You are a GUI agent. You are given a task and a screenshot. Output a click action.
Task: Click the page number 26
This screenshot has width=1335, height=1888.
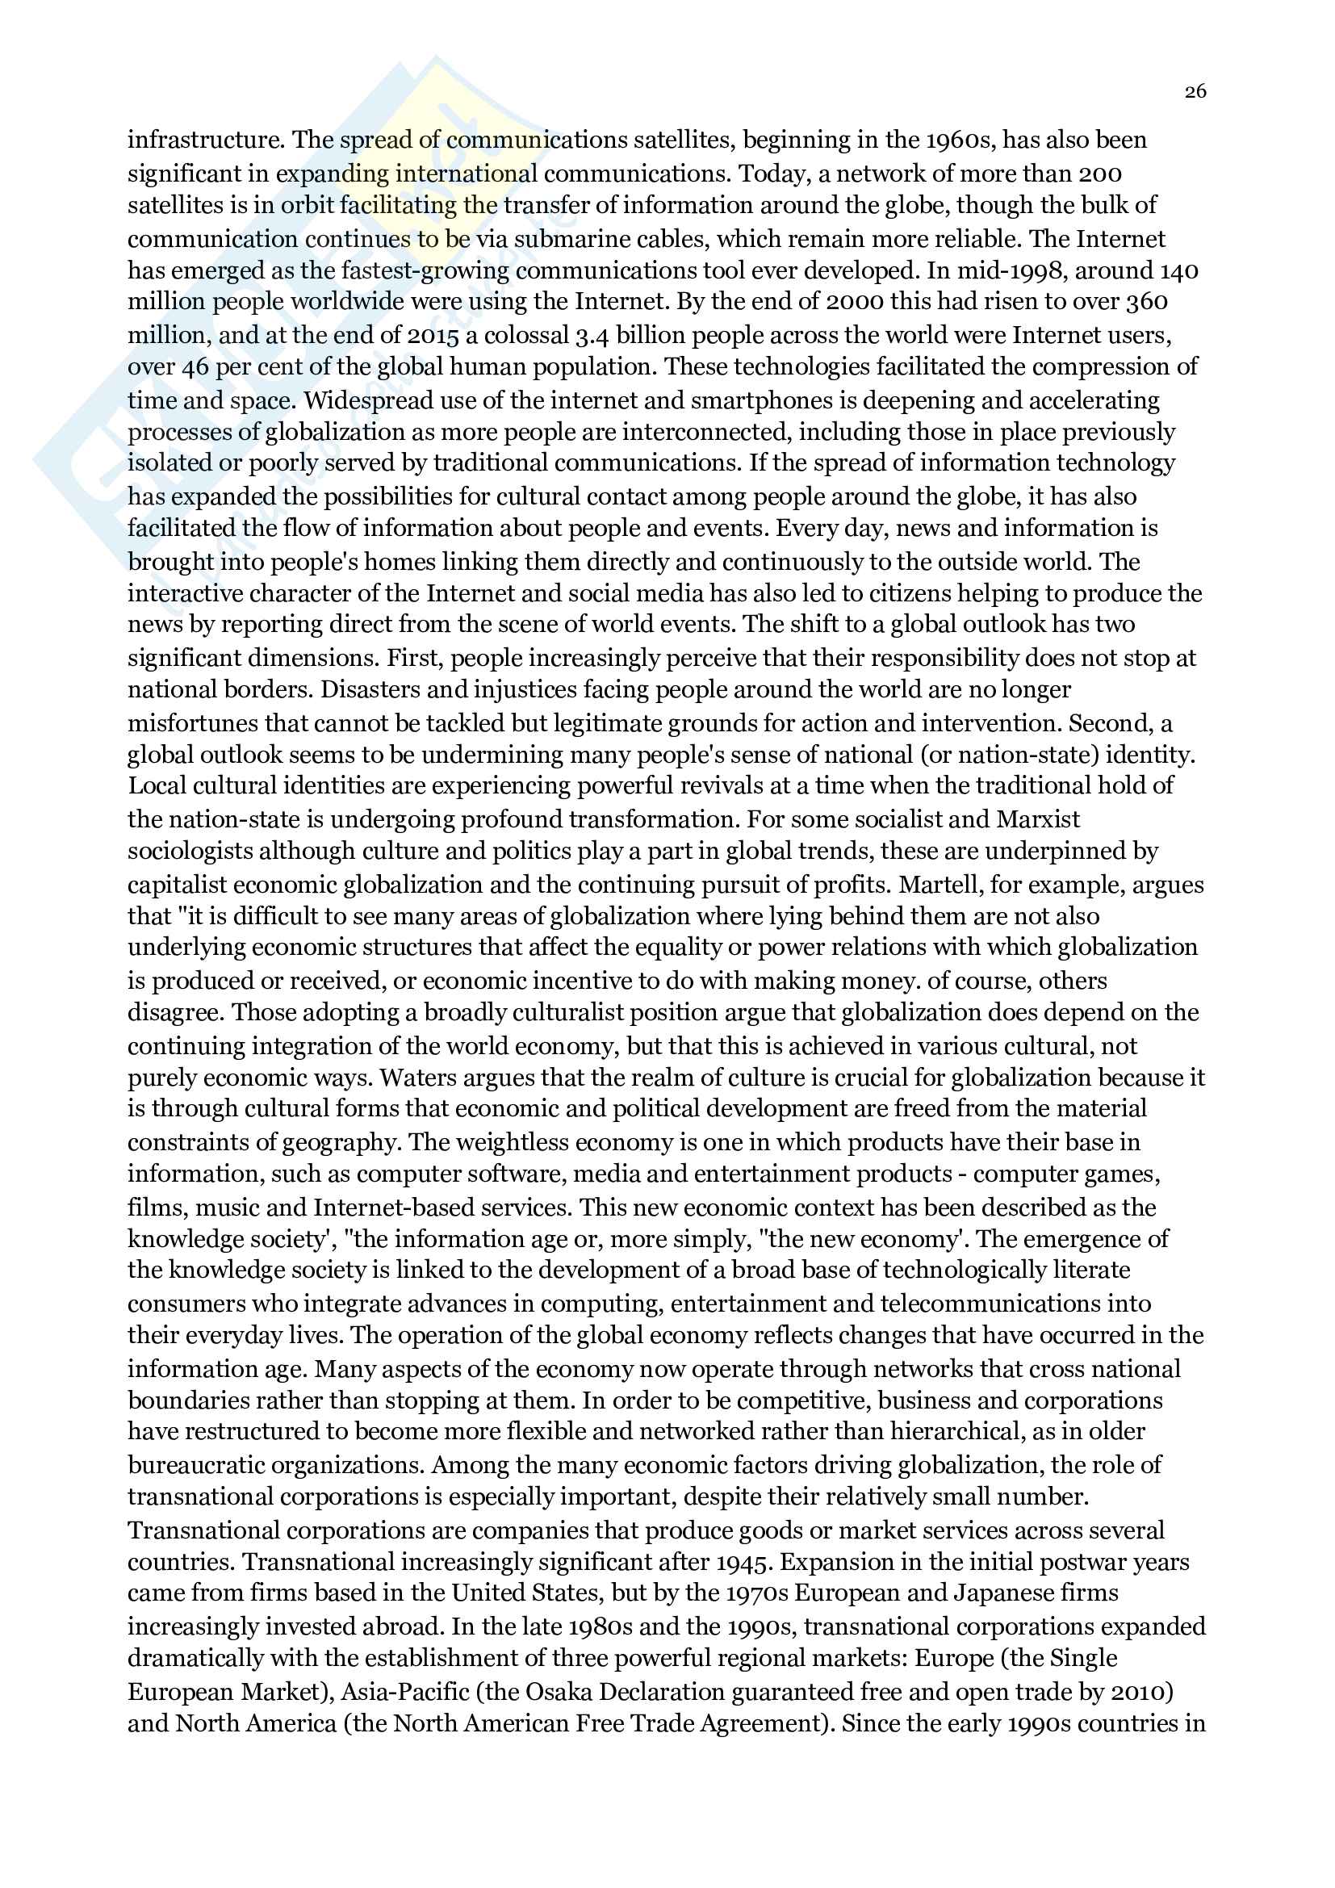coord(1195,91)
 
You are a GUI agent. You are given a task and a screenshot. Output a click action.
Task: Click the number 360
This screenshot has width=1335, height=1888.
coord(1147,302)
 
